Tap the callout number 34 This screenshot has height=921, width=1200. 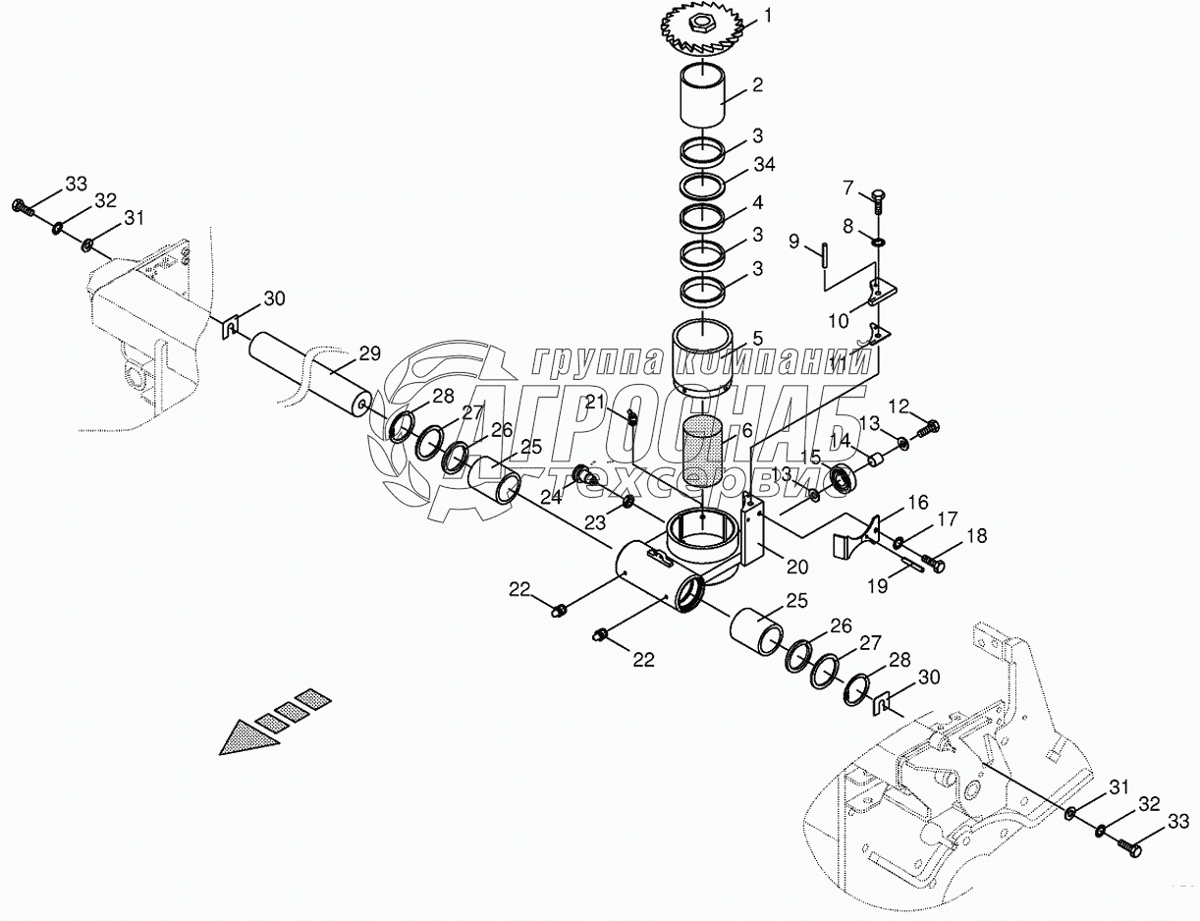(764, 165)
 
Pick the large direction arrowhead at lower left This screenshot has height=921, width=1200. (246, 735)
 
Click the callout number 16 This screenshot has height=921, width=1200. (918, 503)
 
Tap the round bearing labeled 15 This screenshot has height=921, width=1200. (844, 479)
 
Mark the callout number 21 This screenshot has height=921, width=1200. (595, 402)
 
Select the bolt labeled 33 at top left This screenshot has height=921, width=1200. (23, 206)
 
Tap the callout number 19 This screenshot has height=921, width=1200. (878, 586)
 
